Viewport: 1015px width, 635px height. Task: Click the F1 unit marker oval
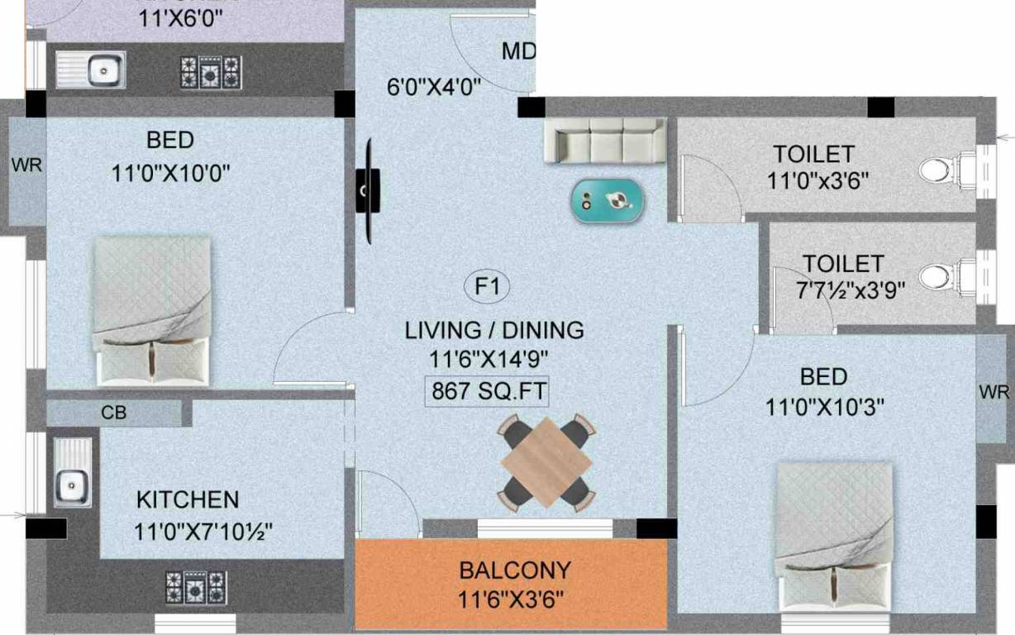[488, 287]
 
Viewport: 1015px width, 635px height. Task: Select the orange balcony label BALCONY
[515, 571]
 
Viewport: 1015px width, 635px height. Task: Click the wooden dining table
[546, 462]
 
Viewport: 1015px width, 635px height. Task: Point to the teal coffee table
[608, 200]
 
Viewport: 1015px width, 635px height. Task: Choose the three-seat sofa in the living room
[605, 139]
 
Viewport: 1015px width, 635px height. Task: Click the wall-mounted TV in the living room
[367, 191]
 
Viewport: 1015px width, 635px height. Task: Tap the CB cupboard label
[114, 413]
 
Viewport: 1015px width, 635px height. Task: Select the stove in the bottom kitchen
[195, 587]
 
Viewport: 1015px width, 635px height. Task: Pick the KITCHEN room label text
[188, 499]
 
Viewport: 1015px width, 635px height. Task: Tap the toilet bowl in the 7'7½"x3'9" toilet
[936, 275]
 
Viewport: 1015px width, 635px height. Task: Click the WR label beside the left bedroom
[26, 164]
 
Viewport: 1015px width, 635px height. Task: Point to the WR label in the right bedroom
[994, 391]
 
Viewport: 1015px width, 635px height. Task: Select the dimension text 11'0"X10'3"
[824, 407]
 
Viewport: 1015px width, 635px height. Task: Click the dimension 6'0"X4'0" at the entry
[434, 88]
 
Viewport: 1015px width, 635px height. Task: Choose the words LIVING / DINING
[494, 330]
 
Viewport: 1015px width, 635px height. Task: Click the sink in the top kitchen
[91, 69]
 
